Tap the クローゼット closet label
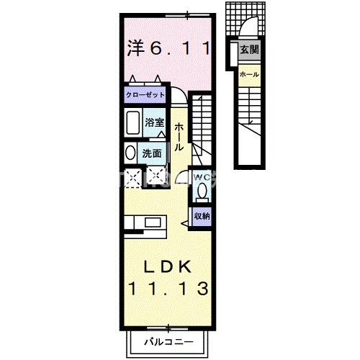pos(145,95)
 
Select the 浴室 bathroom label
pos(153,123)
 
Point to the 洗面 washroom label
pos(151,153)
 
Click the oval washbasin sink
pos(130,153)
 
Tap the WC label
pos(201,176)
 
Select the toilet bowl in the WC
pos(202,192)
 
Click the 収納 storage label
pos(201,215)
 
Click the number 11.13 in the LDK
pos(170,289)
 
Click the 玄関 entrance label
pos(249,50)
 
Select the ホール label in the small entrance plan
pos(249,75)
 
